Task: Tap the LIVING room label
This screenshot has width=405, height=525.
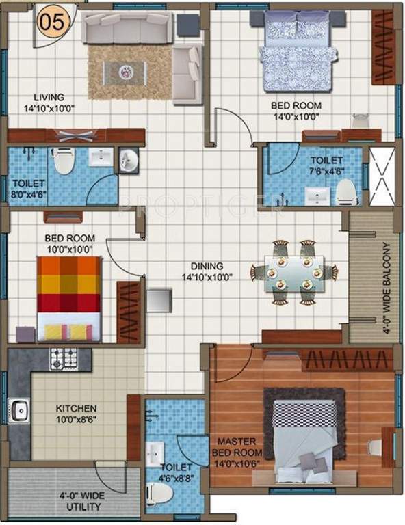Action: tap(51, 97)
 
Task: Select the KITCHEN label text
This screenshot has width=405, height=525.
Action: tap(76, 409)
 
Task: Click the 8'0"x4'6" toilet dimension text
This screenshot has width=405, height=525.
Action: tap(28, 193)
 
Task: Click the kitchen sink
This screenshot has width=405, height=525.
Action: tap(19, 410)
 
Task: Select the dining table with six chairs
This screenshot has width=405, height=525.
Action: tap(293, 271)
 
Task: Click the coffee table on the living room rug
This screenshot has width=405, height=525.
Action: tap(127, 70)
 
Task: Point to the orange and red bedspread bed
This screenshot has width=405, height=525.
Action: tap(68, 299)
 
